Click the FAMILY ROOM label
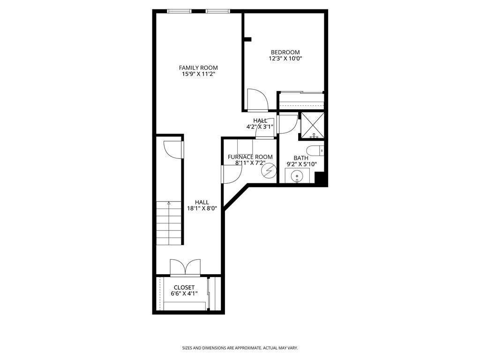click(198, 67)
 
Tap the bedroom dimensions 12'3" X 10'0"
click(285, 59)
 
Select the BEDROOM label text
click(285, 52)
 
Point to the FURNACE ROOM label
click(250, 157)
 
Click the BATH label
click(301, 158)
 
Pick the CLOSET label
click(184, 287)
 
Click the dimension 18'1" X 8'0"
click(202, 209)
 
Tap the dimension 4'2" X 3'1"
click(260, 127)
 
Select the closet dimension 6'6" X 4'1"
click(184, 293)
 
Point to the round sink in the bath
click(297, 176)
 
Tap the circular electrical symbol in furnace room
click(269, 171)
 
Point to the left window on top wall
click(180, 11)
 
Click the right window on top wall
click(217, 11)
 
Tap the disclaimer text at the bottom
click(240, 348)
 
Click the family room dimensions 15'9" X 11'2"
click(198, 74)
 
